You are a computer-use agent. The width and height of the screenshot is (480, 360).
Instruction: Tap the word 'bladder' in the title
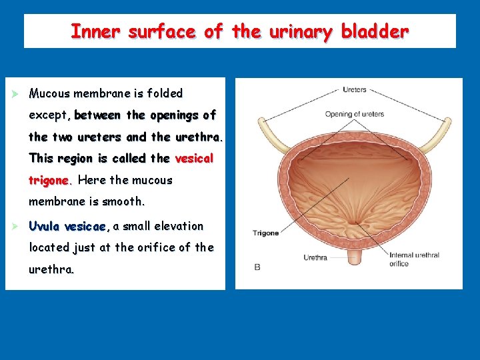[375, 31]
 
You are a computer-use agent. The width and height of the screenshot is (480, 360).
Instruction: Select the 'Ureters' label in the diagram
[355, 90]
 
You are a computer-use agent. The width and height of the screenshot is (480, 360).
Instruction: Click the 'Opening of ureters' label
[354, 114]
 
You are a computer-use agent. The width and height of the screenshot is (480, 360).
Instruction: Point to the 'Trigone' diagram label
[265, 233]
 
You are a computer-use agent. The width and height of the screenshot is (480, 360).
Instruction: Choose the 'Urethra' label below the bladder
[315, 257]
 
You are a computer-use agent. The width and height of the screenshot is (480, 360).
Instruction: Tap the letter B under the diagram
[257, 267]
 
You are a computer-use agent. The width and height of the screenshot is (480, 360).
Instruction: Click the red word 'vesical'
[194, 159]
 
